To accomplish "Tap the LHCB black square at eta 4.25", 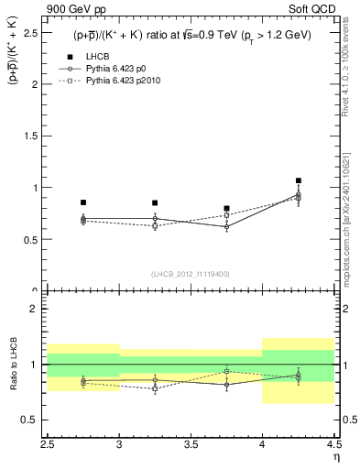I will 299,180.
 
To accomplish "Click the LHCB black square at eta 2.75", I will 83,202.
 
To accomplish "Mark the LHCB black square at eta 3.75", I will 226,208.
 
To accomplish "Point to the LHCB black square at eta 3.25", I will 155,202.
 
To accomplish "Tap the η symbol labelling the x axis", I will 336,457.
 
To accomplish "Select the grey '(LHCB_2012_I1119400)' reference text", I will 191,274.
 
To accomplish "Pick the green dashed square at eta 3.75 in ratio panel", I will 226,371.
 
